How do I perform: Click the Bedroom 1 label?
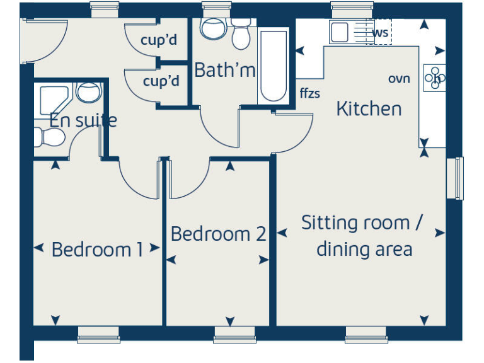click(x=97, y=250)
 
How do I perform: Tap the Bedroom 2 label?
click(x=218, y=234)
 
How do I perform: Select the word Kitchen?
click(x=369, y=108)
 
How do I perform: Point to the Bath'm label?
click(x=224, y=70)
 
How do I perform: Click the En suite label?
click(x=83, y=120)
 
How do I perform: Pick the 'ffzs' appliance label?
click(x=310, y=94)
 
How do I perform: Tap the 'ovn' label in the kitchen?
click(x=399, y=79)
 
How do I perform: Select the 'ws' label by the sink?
click(x=381, y=32)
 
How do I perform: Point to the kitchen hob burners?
click(x=435, y=78)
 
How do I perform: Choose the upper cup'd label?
click(x=159, y=41)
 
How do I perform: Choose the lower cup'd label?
click(x=161, y=81)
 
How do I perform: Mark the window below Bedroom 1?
click(x=98, y=335)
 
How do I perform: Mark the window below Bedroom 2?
click(x=234, y=335)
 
